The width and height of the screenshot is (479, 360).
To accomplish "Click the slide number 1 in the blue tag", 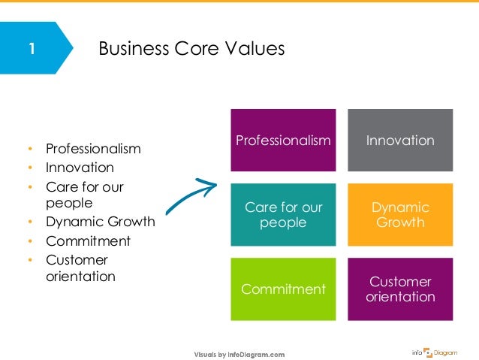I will [30, 50].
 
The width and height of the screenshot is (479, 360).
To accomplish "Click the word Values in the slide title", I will [255, 50].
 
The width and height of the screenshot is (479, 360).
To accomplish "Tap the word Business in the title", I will [133, 50].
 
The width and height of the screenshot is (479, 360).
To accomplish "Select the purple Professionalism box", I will [283, 141].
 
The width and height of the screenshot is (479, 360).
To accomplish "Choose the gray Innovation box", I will [400, 141].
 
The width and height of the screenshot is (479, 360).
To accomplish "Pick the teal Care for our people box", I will [283, 214].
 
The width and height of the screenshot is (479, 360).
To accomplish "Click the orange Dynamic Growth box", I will [400, 214].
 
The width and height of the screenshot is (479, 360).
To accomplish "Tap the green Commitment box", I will [283, 289].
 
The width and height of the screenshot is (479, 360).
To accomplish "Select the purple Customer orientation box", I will [400, 289].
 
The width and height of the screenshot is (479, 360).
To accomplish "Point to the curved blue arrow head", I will [210, 183].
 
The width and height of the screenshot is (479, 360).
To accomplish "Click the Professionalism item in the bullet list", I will [93, 149].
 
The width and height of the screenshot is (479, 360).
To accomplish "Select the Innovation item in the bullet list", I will [80, 167].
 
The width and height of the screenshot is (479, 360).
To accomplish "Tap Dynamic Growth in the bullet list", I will [100, 222].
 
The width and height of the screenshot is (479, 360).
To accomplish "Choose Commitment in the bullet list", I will [88, 241].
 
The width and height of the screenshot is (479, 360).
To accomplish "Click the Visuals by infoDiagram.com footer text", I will [239, 353].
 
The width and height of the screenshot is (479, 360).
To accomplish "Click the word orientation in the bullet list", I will [80, 277].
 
